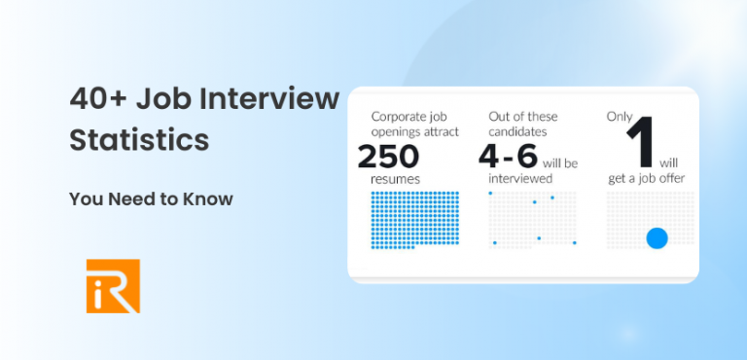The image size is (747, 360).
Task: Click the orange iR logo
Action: tap(113, 285)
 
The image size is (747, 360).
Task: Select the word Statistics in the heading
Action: tap(139, 140)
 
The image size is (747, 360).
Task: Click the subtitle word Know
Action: tap(210, 198)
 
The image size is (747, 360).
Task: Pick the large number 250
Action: tap(388, 156)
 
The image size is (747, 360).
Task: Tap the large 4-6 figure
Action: tap(513, 156)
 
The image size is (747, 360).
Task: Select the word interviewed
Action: tap(520, 179)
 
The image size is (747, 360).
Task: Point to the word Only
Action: tap(620, 117)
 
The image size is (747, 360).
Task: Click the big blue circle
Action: tap(658, 237)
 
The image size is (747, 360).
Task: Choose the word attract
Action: tap(437, 130)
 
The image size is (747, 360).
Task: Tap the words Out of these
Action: tap(523, 117)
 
